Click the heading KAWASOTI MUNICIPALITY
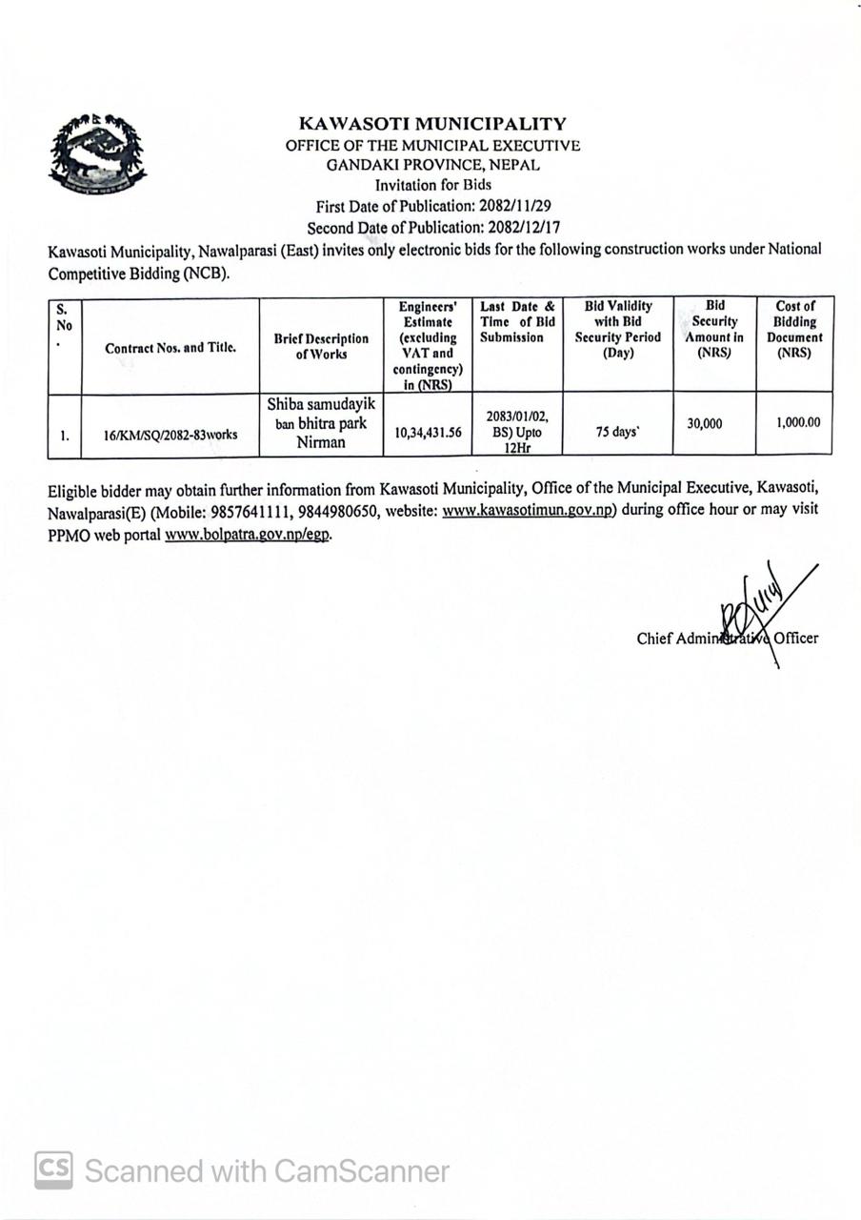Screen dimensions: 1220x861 (432, 124)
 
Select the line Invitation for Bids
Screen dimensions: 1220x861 (432, 186)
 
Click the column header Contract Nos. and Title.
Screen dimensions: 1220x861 (170, 348)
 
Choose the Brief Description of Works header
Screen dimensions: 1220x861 (321, 346)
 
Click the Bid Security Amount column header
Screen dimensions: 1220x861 (714, 330)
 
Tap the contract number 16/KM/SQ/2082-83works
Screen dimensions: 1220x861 (170, 434)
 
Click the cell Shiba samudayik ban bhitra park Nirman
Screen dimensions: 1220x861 (321, 423)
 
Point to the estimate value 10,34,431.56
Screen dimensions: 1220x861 (428, 433)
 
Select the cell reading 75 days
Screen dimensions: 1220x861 (617, 432)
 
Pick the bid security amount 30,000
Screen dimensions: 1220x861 (704, 424)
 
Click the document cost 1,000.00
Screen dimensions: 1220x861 (798, 422)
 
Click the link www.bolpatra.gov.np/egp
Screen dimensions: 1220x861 (248, 535)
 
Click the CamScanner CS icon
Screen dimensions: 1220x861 (53, 1169)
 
